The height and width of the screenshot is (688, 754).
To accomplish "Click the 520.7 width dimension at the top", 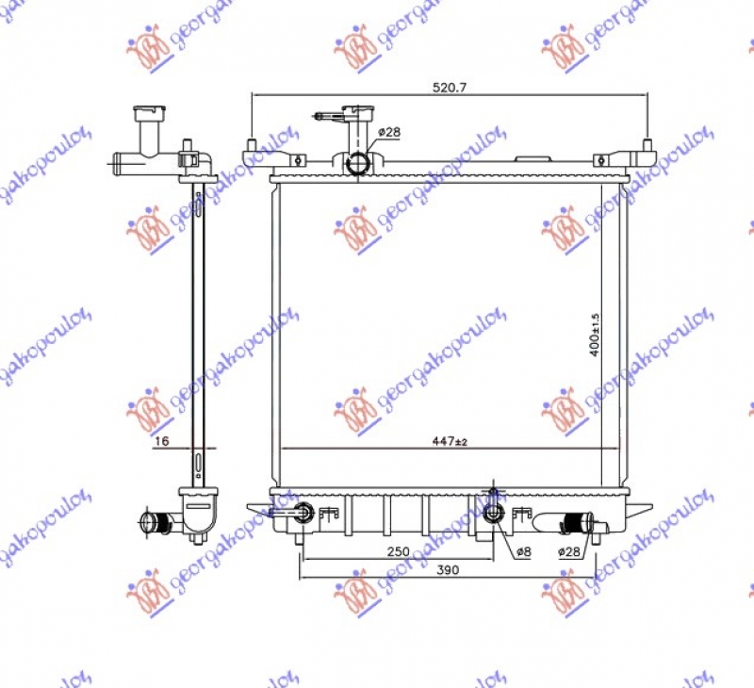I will (x=450, y=86).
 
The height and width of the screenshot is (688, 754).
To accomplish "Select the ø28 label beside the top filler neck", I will (x=389, y=132).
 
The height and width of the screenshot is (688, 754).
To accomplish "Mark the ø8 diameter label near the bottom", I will (x=523, y=551).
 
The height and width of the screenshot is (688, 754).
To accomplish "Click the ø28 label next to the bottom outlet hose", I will (x=568, y=551).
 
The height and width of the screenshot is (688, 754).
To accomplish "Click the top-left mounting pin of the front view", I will (x=253, y=149).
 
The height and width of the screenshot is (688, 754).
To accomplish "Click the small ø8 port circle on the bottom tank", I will (x=492, y=513).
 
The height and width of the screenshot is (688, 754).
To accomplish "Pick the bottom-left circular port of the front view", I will (x=303, y=513).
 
